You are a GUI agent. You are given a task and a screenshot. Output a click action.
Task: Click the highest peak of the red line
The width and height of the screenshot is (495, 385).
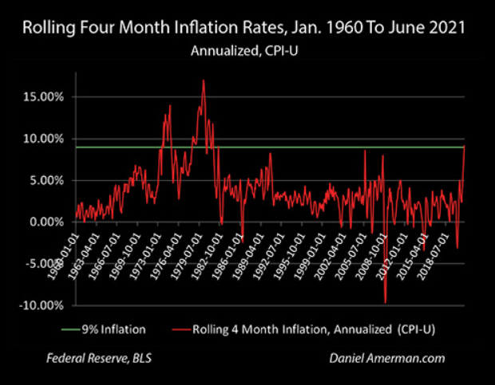coord(204,80)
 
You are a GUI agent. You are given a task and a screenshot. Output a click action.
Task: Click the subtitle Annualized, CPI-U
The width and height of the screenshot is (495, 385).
coord(247,53)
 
